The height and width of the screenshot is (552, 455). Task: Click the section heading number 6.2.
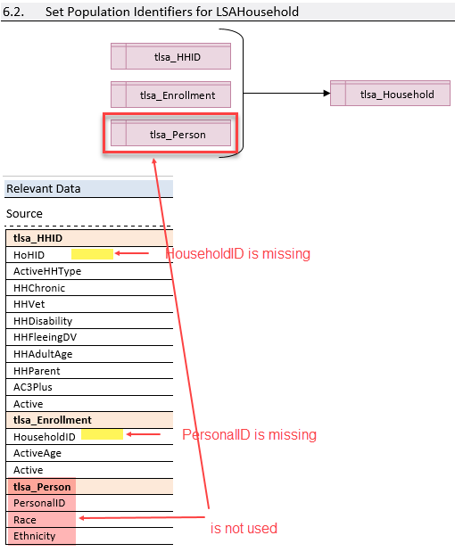[x=16, y=12]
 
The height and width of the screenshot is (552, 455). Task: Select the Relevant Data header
[x=43, y=188]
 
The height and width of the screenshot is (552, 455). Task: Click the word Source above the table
[x=24, y=214]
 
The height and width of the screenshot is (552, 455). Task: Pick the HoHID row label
[x=29, y=255]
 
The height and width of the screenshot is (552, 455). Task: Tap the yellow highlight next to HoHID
[x=92, y=255]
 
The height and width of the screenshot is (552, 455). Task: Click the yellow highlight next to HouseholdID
[x=102, y=434]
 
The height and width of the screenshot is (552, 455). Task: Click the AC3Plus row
[x=34, y=387]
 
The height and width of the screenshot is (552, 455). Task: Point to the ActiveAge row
[x=37, y=453]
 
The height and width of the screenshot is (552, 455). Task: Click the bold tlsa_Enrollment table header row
[x=53, y=419]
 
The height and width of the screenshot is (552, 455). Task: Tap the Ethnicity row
[x=35, y=536]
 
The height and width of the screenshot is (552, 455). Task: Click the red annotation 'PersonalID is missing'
[x=249, y=435]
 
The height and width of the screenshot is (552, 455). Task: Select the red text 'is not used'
[x=244, y=528]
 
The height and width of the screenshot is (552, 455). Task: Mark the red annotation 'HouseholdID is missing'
[x=238, y=254]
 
